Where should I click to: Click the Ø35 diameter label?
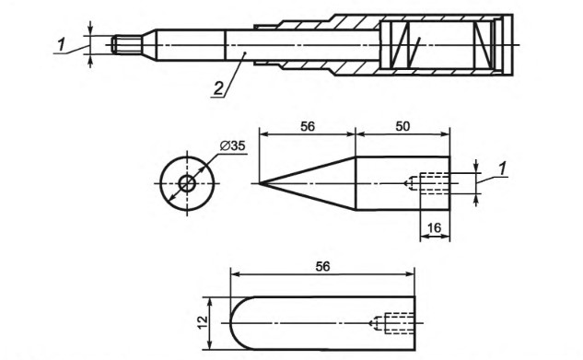point(232,146)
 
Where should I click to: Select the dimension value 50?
point(402,127)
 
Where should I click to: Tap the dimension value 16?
point(435,227)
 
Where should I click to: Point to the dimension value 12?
point(203,323)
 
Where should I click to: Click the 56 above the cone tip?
point(308,127)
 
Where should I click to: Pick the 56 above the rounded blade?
point(322,266)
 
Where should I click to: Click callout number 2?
point(218,88)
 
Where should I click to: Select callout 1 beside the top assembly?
point(62,45)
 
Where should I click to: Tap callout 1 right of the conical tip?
point(502,169)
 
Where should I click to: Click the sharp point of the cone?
point(260,183)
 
